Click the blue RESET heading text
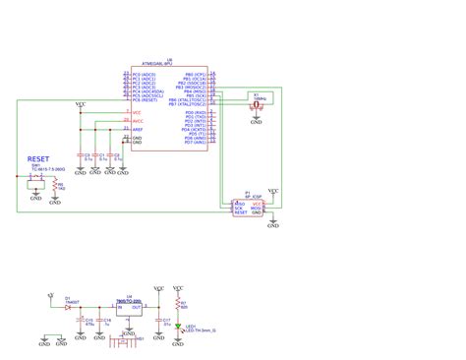[x=38, y=158]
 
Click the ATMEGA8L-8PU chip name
[x=169, y=65]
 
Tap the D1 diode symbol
[x=69, y=307]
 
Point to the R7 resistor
[x=178, y=304]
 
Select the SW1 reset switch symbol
[x=35, y=179]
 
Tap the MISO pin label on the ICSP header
[x=238, y=203]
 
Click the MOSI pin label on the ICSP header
[x=257, y=209]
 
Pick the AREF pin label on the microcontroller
[x=138, y=128]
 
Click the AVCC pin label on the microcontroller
[x=138, y=121]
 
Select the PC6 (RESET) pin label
[x=145, y=99]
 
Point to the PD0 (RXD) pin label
[x=195, y=113]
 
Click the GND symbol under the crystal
[x=257, y=122]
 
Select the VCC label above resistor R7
[x=178, y=288]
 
